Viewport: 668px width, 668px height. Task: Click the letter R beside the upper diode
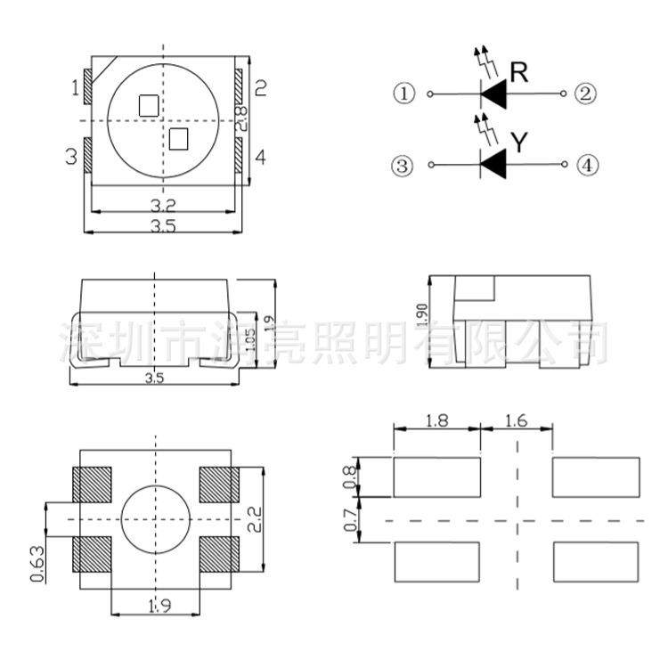(x=519, y=73)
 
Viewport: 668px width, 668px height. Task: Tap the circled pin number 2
(x=586, y=94)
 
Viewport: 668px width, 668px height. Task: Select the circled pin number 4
(x=586, y=166)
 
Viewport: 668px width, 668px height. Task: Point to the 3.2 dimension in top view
(x=162, y=204)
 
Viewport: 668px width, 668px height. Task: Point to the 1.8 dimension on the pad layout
(x=437, y=420)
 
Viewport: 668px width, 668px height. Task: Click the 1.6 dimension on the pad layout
(x=517, y=420)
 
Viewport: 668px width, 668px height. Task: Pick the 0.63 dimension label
(x=38, y=563)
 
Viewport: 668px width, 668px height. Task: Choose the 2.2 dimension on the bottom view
(x=255, y=519)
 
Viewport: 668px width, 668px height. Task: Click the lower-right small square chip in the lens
(x=180, y=138)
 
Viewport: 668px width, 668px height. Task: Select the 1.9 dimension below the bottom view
(x=159, y=607)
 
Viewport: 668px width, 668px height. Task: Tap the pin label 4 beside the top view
(x=260, y=158)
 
